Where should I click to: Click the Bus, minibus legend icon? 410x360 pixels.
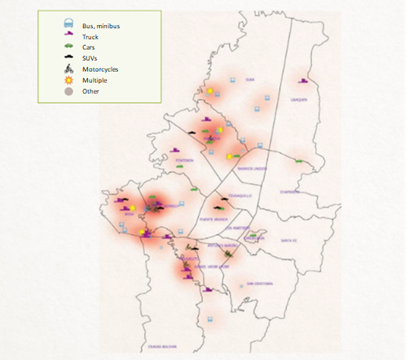coord(69,25)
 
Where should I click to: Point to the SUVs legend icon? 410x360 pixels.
coord(69,58)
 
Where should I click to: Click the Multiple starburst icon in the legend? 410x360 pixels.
coord(69,79)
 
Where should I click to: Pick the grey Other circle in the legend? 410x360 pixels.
coord(69,91)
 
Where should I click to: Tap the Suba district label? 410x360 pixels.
coord(250,79)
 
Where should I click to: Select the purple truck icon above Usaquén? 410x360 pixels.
coord(303,79)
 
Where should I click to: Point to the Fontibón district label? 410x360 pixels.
coord(185,160)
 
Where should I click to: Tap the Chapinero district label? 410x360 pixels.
coord(291,191)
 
